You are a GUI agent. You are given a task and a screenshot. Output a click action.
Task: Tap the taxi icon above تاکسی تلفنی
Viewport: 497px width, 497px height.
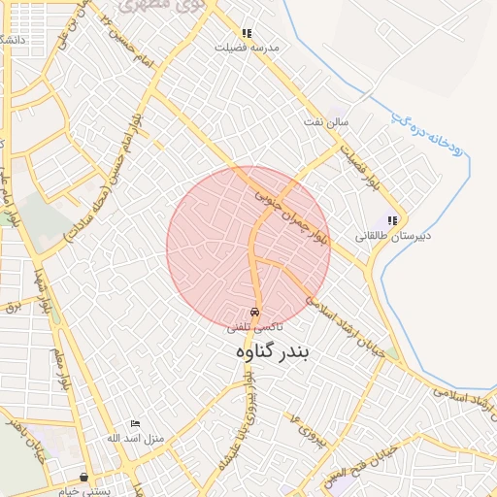[254, 313]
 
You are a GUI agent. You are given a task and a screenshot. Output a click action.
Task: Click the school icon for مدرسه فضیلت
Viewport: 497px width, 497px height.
[247, 33]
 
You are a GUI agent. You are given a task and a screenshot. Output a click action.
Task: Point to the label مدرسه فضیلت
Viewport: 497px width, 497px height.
[247, 47]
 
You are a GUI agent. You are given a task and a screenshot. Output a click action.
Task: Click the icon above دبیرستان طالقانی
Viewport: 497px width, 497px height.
[392, 221]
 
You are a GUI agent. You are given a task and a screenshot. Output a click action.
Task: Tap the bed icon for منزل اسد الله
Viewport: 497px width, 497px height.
[135, 424]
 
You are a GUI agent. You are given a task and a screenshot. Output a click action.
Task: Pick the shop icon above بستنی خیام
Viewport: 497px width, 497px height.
[84, 477]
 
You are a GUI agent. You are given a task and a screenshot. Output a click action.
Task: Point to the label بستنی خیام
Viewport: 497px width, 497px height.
[84, 490]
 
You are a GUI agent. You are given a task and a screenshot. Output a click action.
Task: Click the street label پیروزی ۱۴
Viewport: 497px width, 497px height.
[296, 421]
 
